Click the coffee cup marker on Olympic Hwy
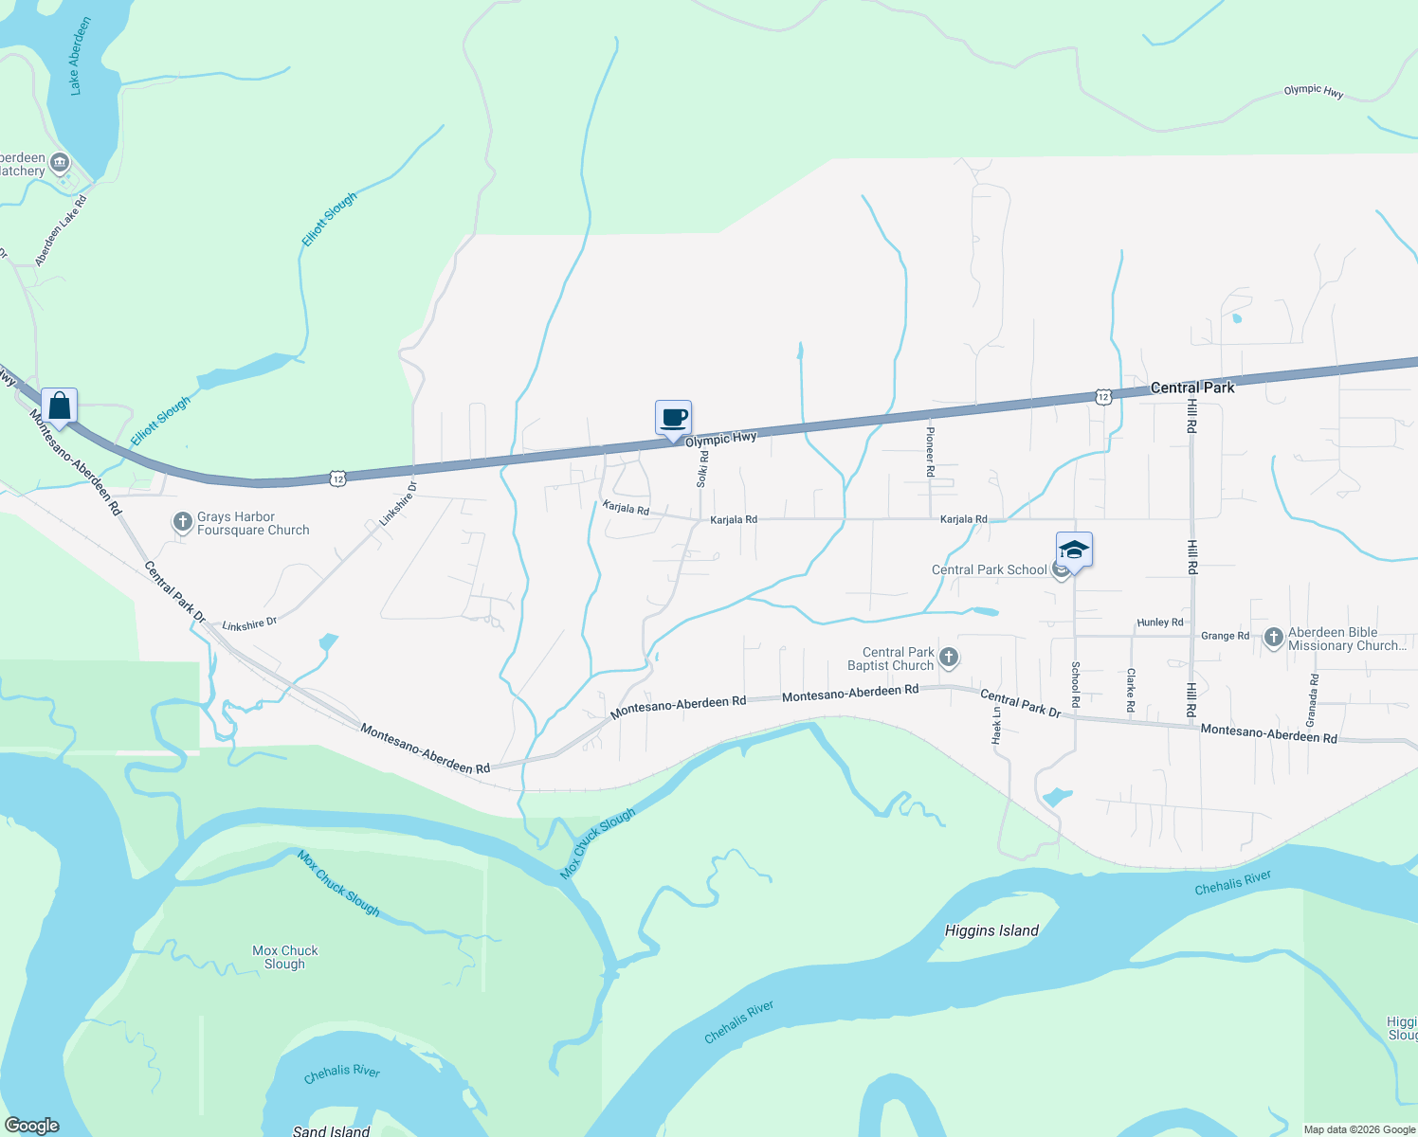[673, 418]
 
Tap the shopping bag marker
[59, 406]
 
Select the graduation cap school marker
[1074, 550]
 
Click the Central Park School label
[989, 569]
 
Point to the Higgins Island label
[991, 930]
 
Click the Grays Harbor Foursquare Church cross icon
[182, 522]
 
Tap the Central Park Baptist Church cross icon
[948, 658]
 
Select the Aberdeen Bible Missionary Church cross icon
[1273, 637]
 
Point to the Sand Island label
[331, 1130]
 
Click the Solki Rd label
[702, 469]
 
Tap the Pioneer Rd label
[930, 450]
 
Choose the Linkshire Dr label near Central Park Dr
[249, 624]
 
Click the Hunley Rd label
[1160, 623]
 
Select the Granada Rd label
[1313, 700]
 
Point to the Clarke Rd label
[1130, 690]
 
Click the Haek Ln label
[996, 726]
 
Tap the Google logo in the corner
[31, 1126]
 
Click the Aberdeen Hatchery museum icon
[59, 163]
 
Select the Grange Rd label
[1225, 636]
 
